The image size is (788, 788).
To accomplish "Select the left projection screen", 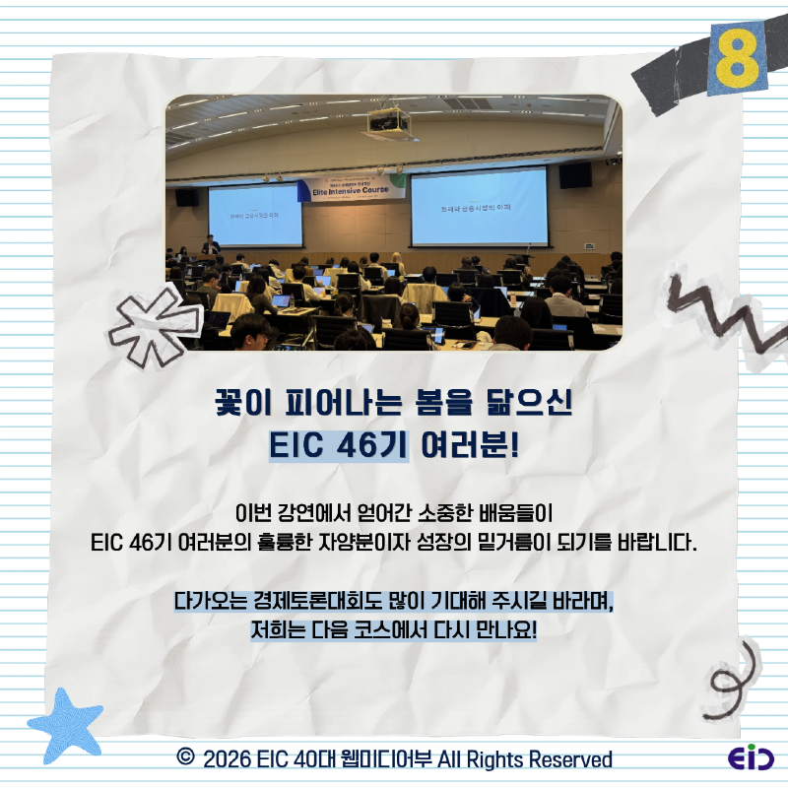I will click(254, 214).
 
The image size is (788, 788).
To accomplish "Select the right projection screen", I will click(479, 208).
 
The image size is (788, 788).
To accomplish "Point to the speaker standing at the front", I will click(209, 244).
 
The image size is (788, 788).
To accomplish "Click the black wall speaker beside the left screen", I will click(185, 197).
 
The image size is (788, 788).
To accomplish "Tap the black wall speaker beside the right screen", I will click(575, 175).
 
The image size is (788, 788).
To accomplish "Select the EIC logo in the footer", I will click(751, 758).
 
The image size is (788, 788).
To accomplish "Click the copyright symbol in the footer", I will click(184, 757).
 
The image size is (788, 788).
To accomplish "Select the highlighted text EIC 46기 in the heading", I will click(339, 444).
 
